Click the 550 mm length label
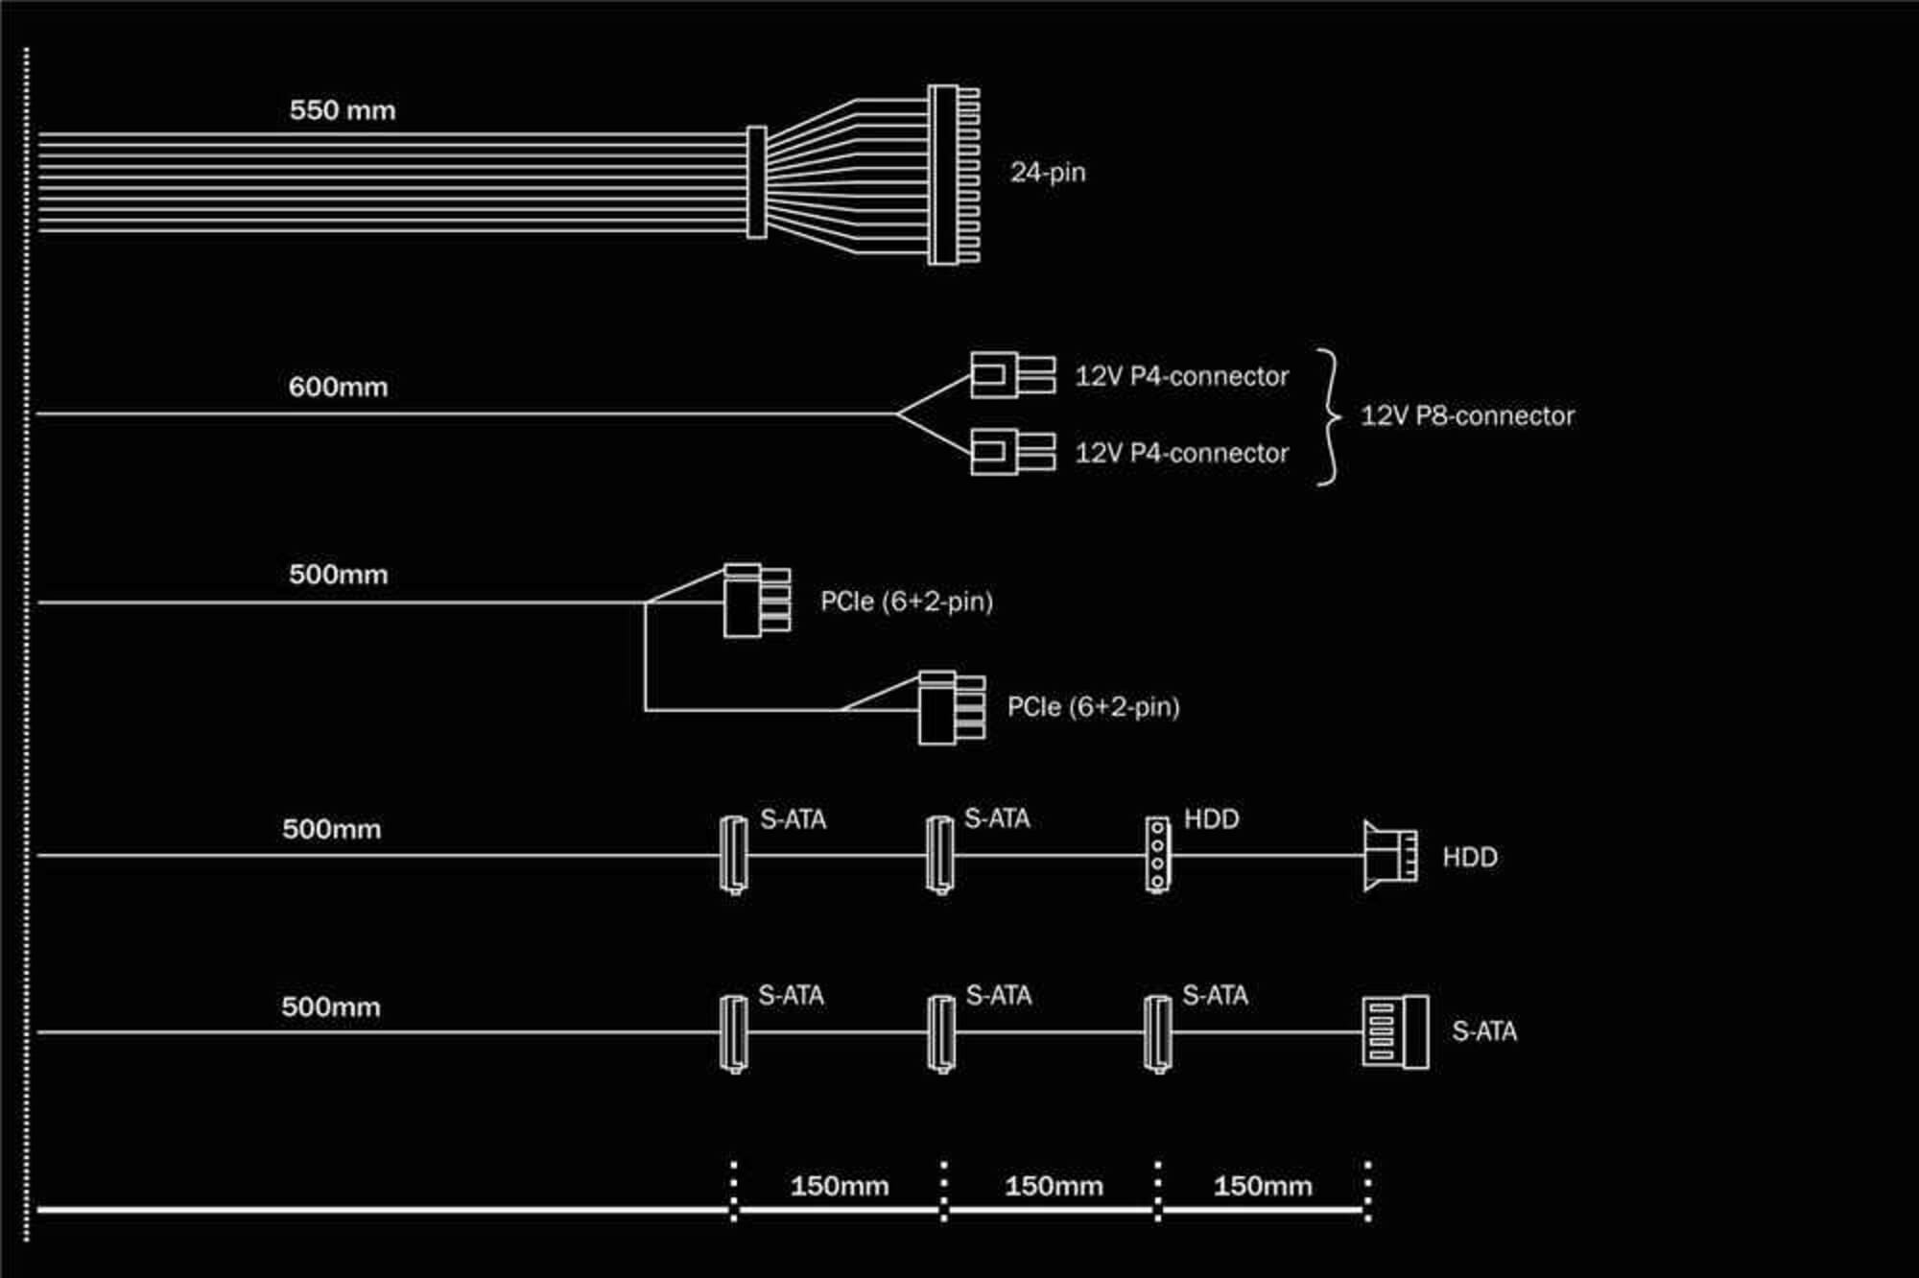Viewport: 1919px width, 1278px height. (343, 110)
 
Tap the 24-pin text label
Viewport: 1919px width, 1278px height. (1048, 173)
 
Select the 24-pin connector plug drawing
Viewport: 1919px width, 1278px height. (954, 175)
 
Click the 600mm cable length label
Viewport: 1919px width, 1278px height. (339, 388)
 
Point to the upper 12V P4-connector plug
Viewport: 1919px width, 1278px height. (1012, 375)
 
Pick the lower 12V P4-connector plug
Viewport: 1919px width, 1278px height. (1012, 452)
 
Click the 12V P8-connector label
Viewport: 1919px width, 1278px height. (1468, 415)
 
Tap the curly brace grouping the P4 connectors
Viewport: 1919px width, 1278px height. (1329, 416)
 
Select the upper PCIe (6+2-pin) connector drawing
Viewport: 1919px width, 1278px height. (757, 601)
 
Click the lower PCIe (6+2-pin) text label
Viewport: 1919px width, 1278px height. (1094, 707)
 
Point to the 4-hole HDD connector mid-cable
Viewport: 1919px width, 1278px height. (1158, 855)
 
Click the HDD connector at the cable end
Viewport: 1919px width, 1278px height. (1390, 856)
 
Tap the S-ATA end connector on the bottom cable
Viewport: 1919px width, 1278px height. (1395, 1032)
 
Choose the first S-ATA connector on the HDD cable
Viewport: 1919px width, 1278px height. (734, 854)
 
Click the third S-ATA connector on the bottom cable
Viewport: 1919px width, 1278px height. (1158, 1033)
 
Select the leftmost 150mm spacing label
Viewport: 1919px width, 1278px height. (840, 1186)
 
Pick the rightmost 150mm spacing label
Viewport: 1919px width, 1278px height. (1263, 1186)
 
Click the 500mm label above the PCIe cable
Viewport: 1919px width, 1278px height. (339, 575)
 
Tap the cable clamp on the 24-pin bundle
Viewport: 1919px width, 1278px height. (756, 182)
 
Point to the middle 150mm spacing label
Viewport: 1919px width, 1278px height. (1054, 1186)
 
